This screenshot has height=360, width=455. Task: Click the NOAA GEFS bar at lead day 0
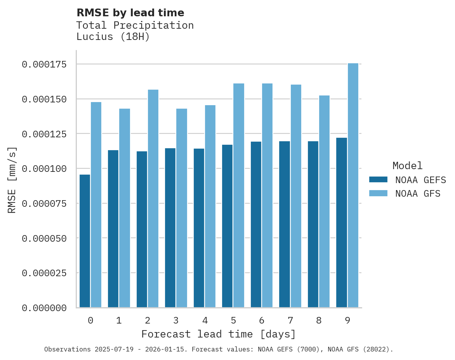pyautogui.click(x=85, y=241)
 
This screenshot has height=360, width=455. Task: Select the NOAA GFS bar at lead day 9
pyautogui.click(x=353, y=185)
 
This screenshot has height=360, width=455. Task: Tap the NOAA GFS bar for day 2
pyautogui.click(x=153, y=199)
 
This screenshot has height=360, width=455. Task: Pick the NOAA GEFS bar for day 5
pyautogui.click(x=227, y=226)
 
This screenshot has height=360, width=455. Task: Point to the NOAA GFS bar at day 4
pyautogui.click(x=210, y=206)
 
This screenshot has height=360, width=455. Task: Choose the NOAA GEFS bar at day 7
pyautogui.click(x=284, y=224)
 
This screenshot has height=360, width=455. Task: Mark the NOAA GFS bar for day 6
pyautogui.click(x=267, y=196)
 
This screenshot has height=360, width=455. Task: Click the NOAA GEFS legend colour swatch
pyautogui.click(x=378, y=179)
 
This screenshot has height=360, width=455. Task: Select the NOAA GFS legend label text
pyautogui.click(x=418, y=193)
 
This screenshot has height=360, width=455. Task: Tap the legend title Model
pyautogui.click(x=407, y=166)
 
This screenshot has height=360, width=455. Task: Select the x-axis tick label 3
pyautogui.click(x=176, y=320)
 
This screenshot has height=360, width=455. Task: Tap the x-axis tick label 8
pyautogui.click(x=319, y=320)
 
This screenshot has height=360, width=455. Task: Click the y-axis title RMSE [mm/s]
pyautogui.click(x=12, y=180)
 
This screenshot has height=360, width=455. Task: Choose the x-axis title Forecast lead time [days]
pyautogui.click(x=219, y=334)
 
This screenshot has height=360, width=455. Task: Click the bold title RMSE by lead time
pyautogui.click(x=130, y=13)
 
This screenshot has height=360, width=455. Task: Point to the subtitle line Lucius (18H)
pyautogui.click(x=113, y=37)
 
